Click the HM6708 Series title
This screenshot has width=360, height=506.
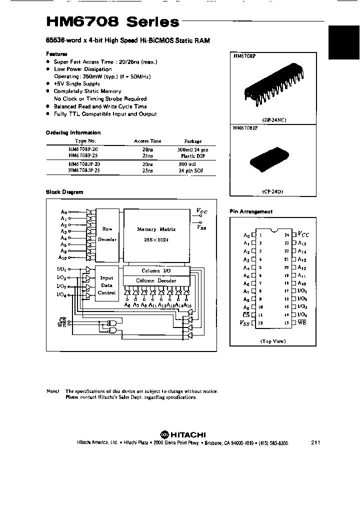[x=112, y=22]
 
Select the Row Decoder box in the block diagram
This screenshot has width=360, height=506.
[x=107, y=234]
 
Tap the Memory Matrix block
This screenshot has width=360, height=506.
[x=156, y=234]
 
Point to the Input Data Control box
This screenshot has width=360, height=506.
[x=107, y=285]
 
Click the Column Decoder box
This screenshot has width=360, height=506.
[x=156, y=280]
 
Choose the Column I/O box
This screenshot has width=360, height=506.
[x=156, y=270]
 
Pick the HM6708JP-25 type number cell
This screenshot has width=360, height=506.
[x=83, y=169]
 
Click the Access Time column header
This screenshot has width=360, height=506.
[x=147, y=141]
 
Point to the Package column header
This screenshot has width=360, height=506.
[x=193, y=141]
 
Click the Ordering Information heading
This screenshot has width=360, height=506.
[x=73, y=132]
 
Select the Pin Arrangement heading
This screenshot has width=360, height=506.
[x=251, y=211]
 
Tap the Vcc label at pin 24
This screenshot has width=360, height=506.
[x=303, y=234]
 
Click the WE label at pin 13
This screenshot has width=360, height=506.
[x=302, y=323]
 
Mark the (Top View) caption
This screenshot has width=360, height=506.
[x=272, y=341]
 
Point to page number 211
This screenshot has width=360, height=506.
[x=315, y=442]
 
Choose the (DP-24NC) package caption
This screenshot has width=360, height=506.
[x=272, y=120]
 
